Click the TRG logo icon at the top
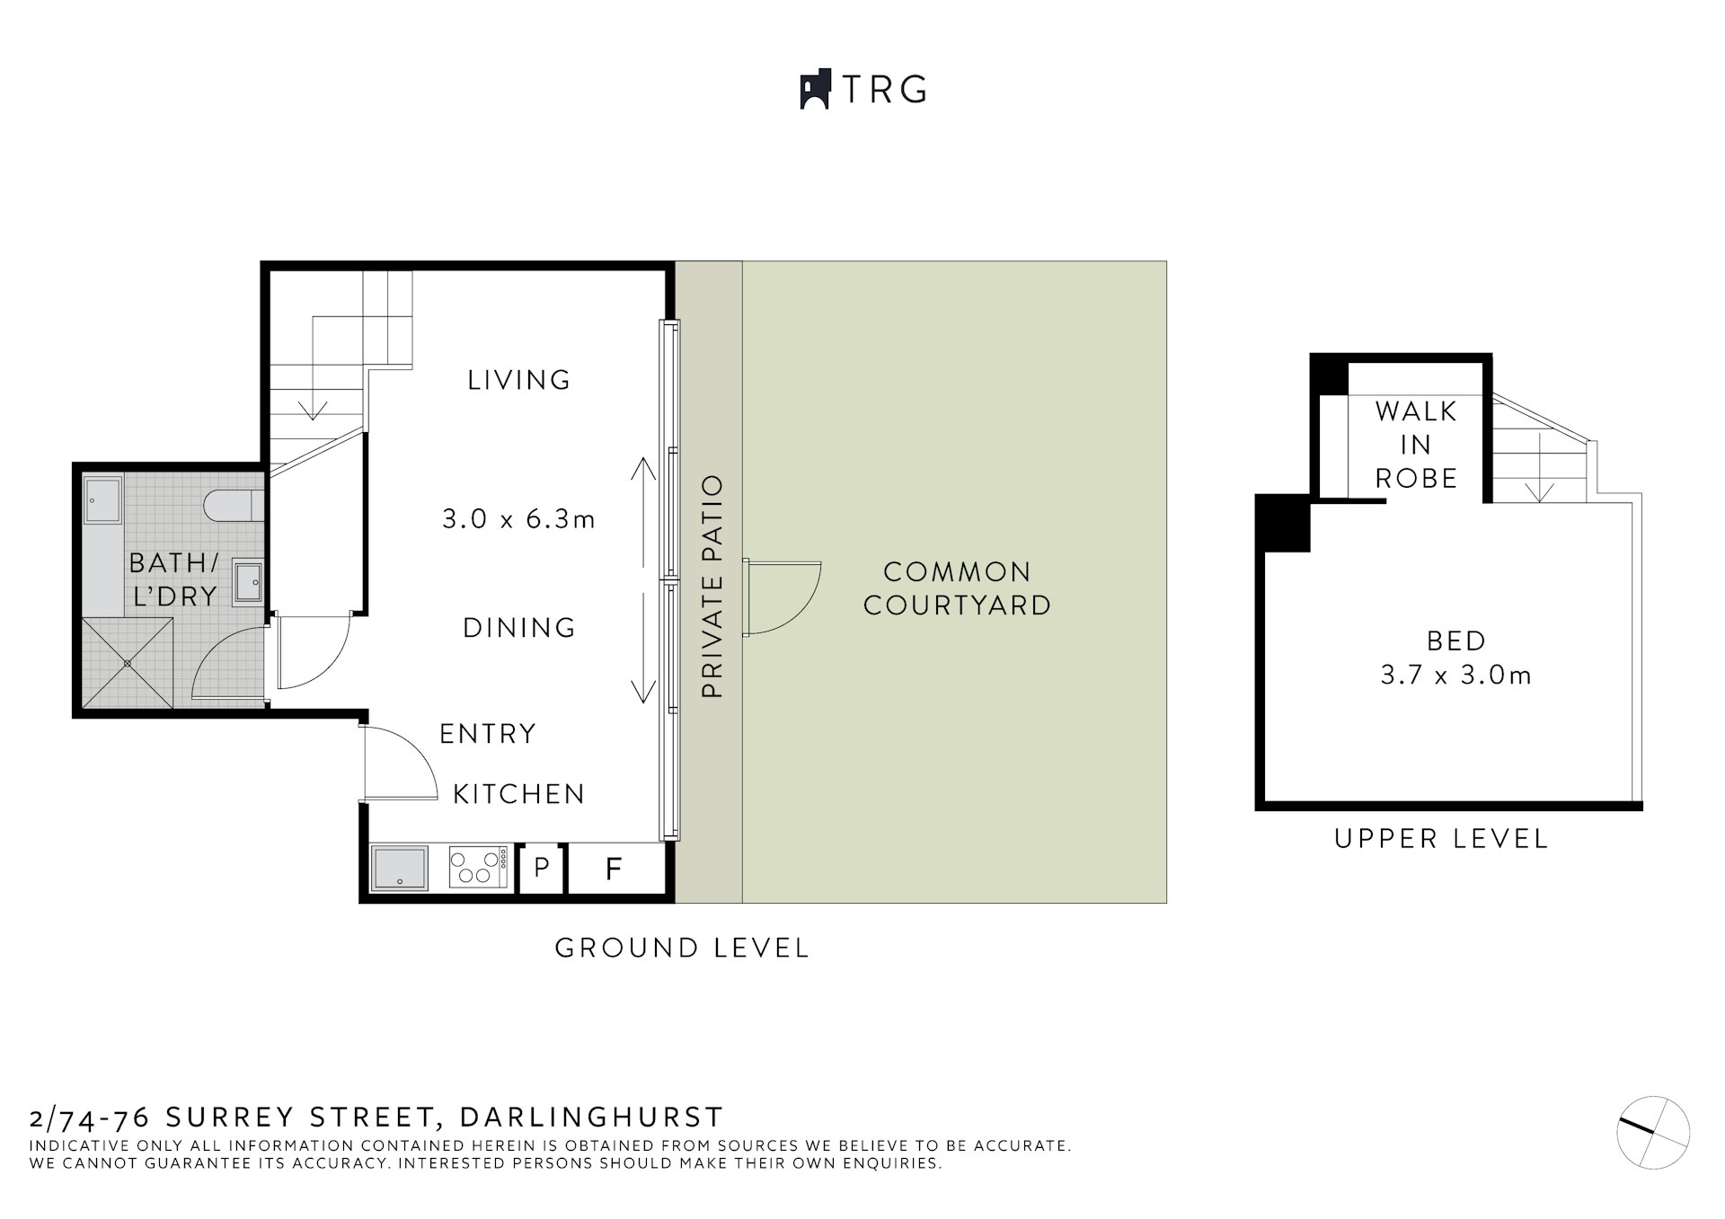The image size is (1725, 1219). click(x=814, y=89)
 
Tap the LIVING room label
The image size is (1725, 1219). click(x=518, y=380)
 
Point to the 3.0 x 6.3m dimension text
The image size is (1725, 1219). click(x=518, y=519)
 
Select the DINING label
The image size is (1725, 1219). click(x=518, y=627)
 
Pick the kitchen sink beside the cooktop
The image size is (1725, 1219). click(x=401, y=868)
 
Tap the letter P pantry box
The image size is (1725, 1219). click(x=542, y=868)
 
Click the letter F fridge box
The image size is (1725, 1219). click(x=615, y=869)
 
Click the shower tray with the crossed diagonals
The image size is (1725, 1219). click(x=128, y=663)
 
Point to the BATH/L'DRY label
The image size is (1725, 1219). click(x=174, y=579)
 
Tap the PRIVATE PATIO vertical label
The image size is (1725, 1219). click(x=712, y=587)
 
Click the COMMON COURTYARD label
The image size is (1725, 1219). click(x=957, y=588)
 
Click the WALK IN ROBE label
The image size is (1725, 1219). click(x=1416, y=445)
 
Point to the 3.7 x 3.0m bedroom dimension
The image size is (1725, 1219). click(x=1455, y=676)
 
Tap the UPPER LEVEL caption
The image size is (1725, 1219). click(x=1441, y=839)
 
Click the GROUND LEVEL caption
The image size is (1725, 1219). click(x=682, y=948)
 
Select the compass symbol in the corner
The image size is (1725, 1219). click(x=1652, y=1132)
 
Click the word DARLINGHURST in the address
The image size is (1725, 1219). click(x=591, y=1117)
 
